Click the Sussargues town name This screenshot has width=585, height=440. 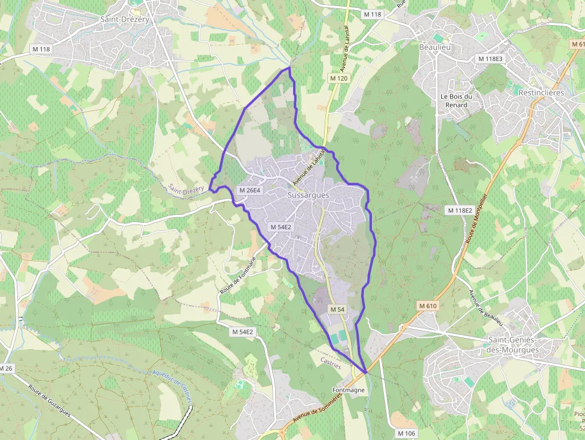coord(308,195)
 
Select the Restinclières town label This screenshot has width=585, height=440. coord(541,93)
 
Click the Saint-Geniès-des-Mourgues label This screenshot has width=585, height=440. coord(513,345)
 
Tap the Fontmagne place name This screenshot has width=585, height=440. coord(348,390)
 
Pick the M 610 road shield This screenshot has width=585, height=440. coord(428,306)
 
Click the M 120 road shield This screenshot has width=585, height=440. coord(338,78)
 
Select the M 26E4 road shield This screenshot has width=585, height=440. coord(250,190)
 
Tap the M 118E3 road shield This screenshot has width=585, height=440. coord(490,59)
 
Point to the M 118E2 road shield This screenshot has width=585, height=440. coord(460,210)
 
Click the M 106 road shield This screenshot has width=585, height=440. coord(406,433)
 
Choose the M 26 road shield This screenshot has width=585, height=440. coord(6,368)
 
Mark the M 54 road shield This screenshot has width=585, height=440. coord(337,309)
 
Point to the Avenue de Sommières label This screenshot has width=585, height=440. coord(310,413)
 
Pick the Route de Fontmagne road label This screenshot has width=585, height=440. coord(238,274)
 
